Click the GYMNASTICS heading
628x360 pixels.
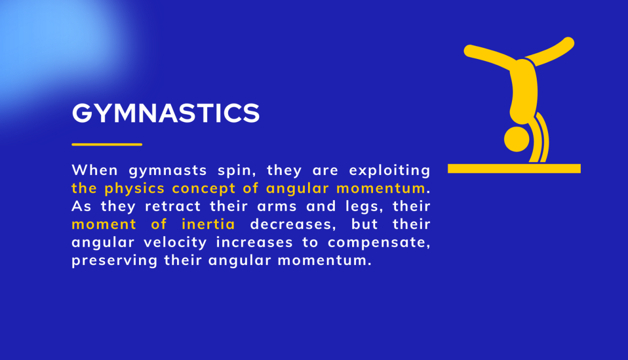pos(166,113)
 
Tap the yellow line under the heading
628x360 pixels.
pos(107,144)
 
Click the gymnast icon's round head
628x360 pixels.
pos(516,139)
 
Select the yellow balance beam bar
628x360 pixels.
pos(514,168)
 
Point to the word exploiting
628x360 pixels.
pos(390,171)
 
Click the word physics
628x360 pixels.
pos(135,189)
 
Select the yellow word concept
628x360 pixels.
pos(204,189)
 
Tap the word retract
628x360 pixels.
pos(173,206)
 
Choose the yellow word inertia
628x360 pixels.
pos(208,224)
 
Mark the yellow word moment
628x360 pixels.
pos(104,225)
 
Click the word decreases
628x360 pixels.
pos(293,225)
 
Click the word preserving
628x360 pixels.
pos(114,261)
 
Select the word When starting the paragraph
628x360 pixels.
pos(95,170)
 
